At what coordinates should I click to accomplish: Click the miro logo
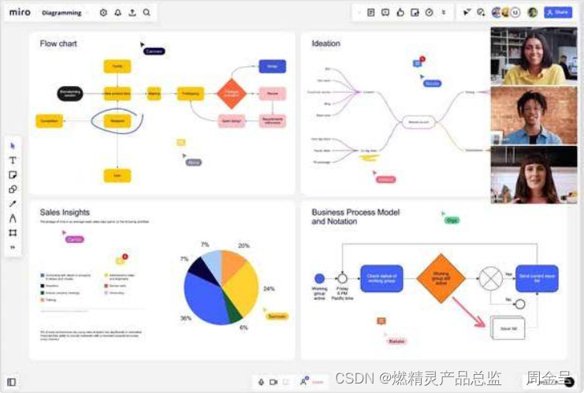point(20,13)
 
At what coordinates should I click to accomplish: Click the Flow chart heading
point(58,43)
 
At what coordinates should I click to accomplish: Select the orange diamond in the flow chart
point(232,93)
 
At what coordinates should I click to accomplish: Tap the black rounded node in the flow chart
point(70,94)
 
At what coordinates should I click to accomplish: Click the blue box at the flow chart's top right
point(272,66)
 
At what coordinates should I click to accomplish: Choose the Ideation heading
point(325,43)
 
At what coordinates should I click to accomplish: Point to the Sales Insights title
point(65,212)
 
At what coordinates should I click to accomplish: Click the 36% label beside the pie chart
point(186,319)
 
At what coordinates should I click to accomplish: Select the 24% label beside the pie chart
point(269,289)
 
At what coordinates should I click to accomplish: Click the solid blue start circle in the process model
point(319,279)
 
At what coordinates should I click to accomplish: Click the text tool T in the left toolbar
point(13,160)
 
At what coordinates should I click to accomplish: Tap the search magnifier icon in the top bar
point(147,13)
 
